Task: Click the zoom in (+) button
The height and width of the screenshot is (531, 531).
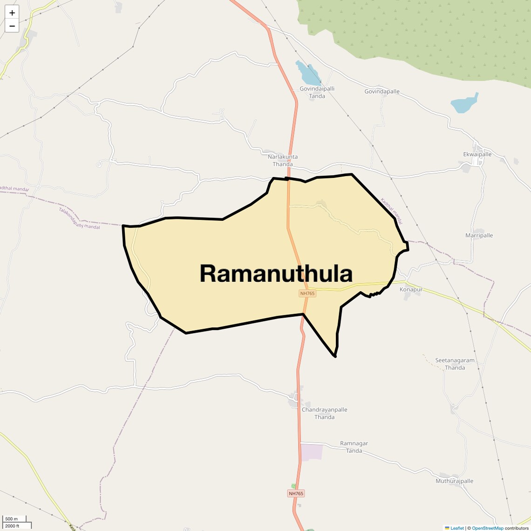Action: click(x=12, y=13)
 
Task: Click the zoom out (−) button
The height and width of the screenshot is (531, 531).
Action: click(x=12, y=26)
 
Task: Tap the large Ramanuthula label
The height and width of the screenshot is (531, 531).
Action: click(x=276, y=273)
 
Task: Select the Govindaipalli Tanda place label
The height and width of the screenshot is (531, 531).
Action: click(x=317, y=92)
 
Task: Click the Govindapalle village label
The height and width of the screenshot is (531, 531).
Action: click(x=382, y=91)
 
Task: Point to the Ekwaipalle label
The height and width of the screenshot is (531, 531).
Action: click(x=477, y=154)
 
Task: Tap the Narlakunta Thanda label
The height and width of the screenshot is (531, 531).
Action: click(x=283, y=160)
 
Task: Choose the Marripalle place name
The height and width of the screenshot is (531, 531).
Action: click(x=479, y=235)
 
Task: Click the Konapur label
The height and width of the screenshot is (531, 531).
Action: click(x=411, y=289)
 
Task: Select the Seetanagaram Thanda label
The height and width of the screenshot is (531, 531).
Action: click(x=455, y=364)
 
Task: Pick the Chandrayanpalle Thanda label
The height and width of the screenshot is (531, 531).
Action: click(x=324, y=413)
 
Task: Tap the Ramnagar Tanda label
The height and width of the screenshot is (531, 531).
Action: click(x=354, y=447)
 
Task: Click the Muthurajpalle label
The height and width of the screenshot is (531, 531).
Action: click(x=454, y=481)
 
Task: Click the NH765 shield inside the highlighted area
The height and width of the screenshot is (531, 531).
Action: click(x=307, y=293)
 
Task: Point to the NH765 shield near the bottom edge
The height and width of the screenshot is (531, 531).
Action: click(x=296, y=493)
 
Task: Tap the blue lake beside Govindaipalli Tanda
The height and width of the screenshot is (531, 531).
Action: click(x=307, y=73)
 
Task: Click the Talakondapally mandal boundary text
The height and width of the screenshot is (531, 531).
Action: click(x=79, y=218)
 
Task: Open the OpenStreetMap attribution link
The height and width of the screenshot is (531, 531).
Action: click(x=487, y=528)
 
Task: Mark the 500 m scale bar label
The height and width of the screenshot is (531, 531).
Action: click(x=12, y=519)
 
